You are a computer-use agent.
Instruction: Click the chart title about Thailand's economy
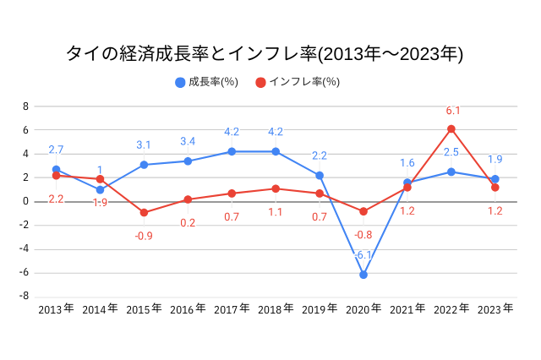point(265,54)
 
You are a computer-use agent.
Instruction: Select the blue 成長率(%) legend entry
point(206,82)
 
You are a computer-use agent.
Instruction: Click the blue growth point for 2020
point(363,275)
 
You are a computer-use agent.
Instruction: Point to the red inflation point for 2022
point(451,128)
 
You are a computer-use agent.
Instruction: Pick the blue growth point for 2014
point(100,189)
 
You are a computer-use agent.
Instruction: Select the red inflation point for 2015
point(144,212)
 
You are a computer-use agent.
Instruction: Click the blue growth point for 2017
point(232,151)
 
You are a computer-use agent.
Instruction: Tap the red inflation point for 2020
point(363,211)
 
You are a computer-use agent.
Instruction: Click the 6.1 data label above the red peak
point(452,111)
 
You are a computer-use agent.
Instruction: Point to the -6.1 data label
point(363,255)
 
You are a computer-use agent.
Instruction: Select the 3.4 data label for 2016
point(188,141)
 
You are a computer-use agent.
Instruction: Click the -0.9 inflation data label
point(144,236)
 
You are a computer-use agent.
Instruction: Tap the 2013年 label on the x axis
point(56,310)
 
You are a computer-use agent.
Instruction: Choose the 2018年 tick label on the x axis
point(276,310)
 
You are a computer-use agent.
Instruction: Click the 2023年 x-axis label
point(495,310)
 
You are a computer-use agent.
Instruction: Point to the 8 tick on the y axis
point(25,106)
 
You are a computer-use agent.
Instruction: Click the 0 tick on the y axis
point(25,201)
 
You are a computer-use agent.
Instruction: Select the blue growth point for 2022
point(451,172)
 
